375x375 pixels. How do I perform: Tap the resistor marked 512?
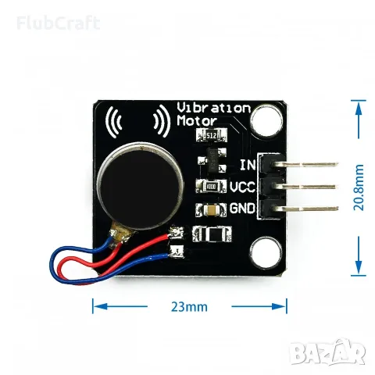(211, 135)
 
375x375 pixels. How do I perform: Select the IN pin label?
(248, 165)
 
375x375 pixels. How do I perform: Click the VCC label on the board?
(242, 187)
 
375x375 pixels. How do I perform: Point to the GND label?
(242, 209)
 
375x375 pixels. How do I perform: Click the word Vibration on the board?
(213, 108)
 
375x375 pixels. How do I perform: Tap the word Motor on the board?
(197, 120)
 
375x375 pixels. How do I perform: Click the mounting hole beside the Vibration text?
(266, 120)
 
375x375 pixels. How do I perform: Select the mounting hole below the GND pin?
(266, 252)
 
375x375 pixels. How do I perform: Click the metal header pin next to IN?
(305, 165)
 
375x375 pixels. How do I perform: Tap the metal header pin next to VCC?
(305, 187)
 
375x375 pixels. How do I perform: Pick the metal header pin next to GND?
(305, 209)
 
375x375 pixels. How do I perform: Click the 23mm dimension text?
(189, 307)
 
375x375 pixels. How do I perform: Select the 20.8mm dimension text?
(359, 187)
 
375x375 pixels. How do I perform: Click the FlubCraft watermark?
(59, 23)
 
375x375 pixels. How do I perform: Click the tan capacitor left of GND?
(211, 210)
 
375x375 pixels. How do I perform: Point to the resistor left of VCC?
(211, 186)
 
